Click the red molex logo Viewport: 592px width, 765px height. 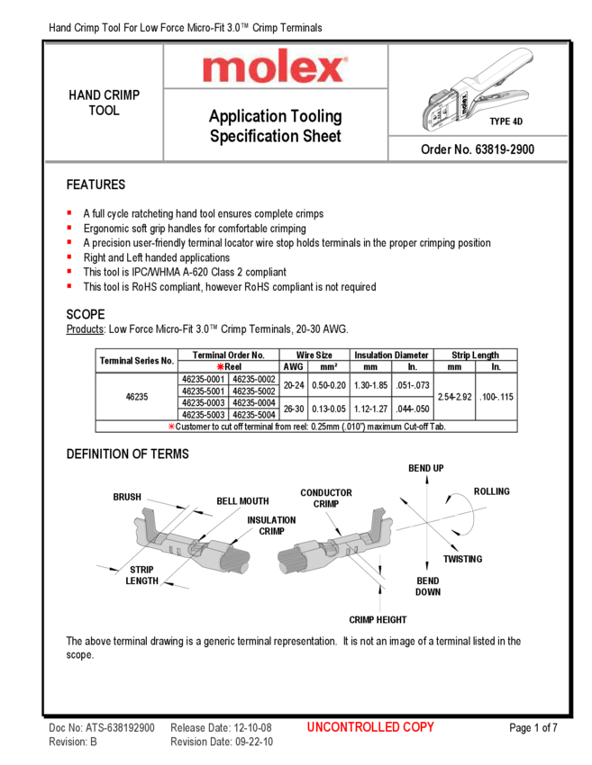(x=275, y=67)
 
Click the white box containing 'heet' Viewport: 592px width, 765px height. (x=326, y=136)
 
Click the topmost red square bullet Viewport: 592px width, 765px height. (x=69, y=211)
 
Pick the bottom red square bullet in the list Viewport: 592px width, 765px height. (x=69, y=286)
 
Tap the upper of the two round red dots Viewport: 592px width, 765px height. (x=220, y=366)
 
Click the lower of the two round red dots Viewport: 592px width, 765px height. (x=171, y=425)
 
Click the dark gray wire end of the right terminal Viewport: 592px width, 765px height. (x=289, y=562)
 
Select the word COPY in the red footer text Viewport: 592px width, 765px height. (x=416, y=727)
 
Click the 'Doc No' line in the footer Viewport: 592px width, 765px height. (x=102, y=727)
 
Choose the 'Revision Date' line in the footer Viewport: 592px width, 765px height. (x=221, y=742)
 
